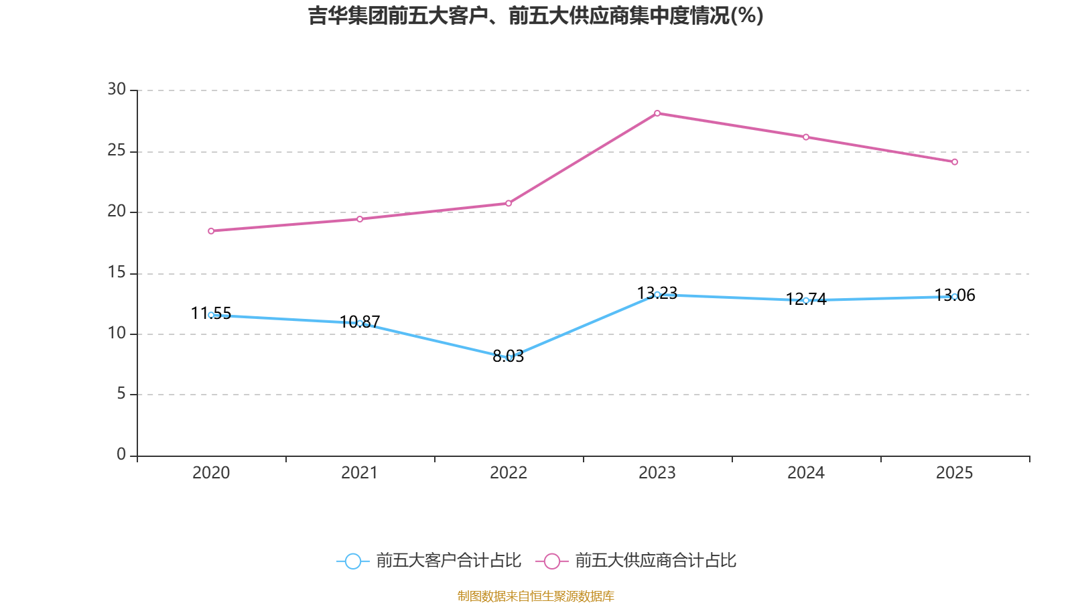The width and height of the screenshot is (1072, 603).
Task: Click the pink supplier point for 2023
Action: (x=657, y=113)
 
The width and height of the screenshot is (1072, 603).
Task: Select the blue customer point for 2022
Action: (x=509, y=358)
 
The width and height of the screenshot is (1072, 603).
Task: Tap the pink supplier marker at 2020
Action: (x=211, y=231)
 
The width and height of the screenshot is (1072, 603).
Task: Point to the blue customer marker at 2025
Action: (x=955, y=296)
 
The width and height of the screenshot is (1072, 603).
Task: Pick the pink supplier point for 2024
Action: (x=806, y=137)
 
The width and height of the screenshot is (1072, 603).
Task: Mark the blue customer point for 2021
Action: (x=360, y=323)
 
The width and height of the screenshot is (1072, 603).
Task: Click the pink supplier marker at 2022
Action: (x=509, y=203)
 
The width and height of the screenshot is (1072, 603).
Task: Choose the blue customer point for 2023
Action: (x=657, y=294)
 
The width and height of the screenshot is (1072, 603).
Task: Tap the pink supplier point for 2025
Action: (x=955, y=162)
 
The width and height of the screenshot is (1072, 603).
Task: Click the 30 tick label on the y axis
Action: (x=117, y=89)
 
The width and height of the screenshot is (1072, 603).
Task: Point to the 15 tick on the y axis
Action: (x=117, y=272)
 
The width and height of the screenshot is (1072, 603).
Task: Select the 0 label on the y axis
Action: (x=121, y=455)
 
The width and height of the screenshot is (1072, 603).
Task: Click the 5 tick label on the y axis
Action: (x=121, y=394)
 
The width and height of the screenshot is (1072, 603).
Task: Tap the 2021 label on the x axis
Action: (x=360, y=473)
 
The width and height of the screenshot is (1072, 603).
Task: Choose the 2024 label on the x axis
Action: (x=806, y=473)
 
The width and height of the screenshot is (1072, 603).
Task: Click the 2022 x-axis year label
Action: (x=509, y=473)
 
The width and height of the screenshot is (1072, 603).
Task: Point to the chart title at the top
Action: (x=536, y=15)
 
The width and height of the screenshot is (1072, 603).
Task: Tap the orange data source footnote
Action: (x=536, y=596)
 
